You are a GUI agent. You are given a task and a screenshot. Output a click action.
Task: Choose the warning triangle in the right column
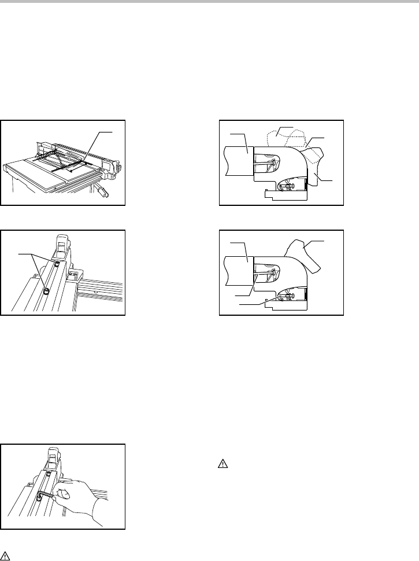[223, 463]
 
